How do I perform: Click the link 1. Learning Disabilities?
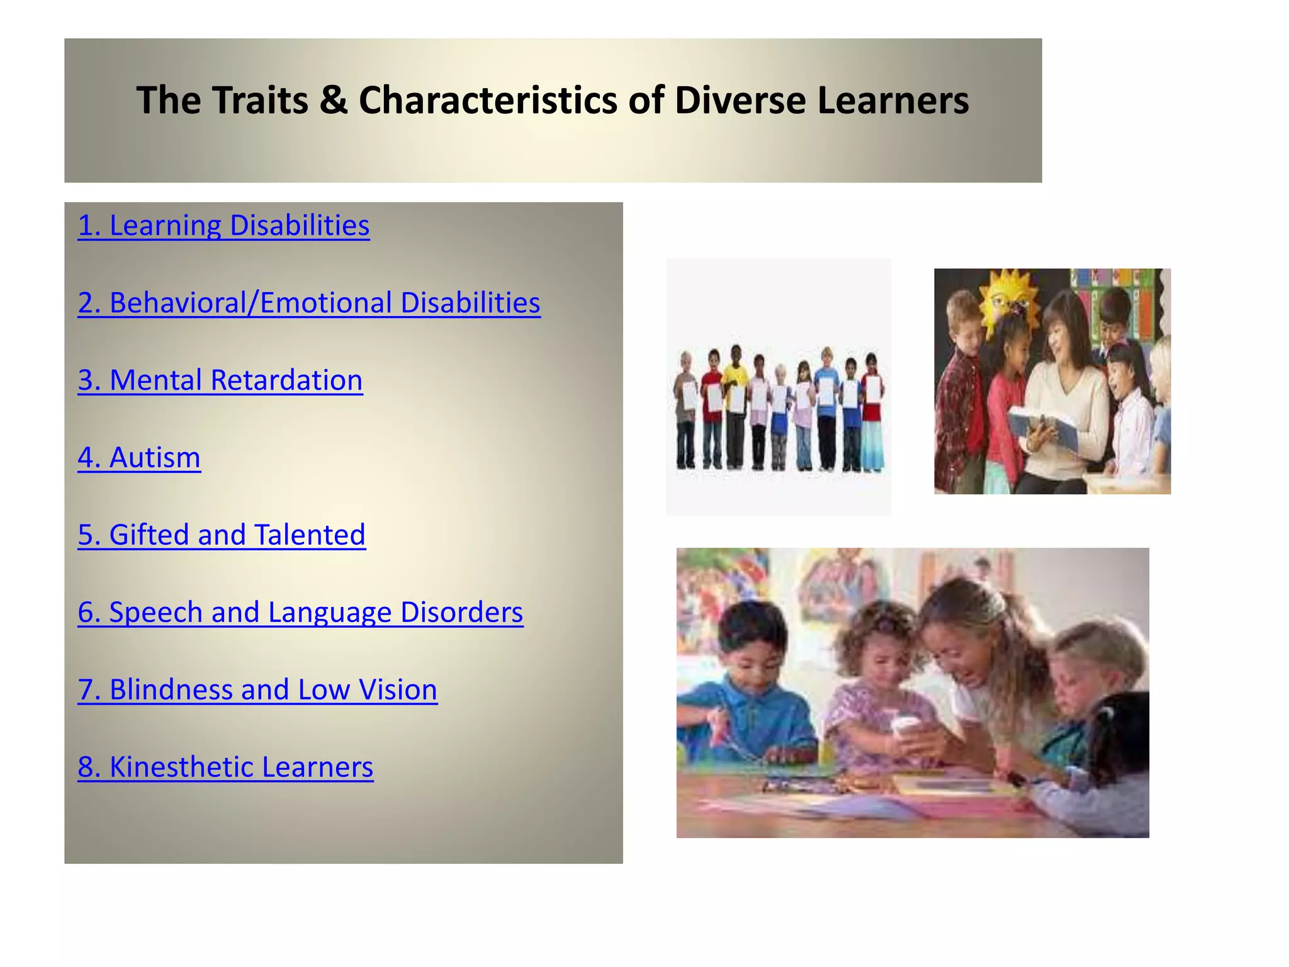click(223, 225)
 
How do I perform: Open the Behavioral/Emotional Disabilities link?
click(308, 303)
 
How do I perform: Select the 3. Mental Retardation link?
click(220, 380)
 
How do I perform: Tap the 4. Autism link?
click(139, 458)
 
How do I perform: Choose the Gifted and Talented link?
click(222, 535)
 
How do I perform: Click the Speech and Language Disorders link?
click(300, 613)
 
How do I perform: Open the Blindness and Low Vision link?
click(257, 690)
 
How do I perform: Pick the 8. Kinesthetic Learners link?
click(225, 767)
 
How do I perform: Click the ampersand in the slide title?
click(333, 101)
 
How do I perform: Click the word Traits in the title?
click(260, 101)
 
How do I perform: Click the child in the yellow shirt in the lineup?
click(735, 403)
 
